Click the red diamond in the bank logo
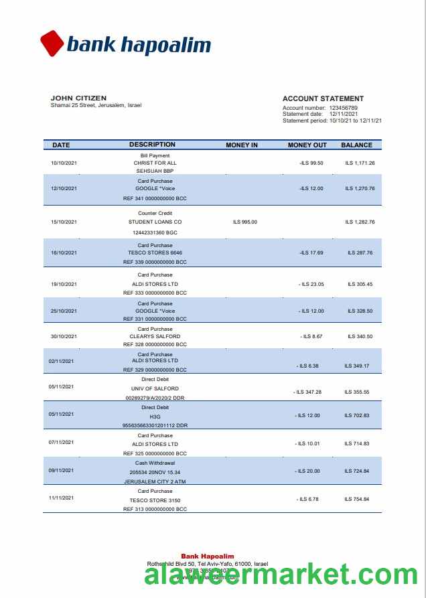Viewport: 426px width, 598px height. pyautogui.click(x=52, y=44)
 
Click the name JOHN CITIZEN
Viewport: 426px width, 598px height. pyautogui.click(x=78, y=98)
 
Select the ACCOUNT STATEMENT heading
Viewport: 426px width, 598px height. pyautogui.click(x=323, y=98)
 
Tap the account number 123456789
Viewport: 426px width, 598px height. pyautogui.click(x=343, y=108)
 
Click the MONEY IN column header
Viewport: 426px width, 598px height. pyautogui.click(x=242, y=145)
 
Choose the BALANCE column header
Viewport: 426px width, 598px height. pyautogui.click(x=356, y=145)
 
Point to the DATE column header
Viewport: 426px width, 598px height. pyautogui.click(x=61, y=145)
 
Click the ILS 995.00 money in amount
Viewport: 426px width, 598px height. pyautogui.click(x=244, y=222)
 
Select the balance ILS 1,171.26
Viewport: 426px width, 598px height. pyautogui.click(x=360, y=163)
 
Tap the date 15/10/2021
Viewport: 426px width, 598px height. pyautogui.click(x=64, y=222)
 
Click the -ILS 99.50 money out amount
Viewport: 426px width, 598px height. pyautogui.click(x=311, y=163)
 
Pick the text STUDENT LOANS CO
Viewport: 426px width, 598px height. pyautogui.click(x=155, y=222)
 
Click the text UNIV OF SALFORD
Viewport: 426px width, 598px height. pyautogui.click(x=155, y=388)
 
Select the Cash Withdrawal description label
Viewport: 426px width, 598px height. pyautogui.click(x=155, y=463)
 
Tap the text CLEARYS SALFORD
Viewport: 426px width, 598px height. pyautogui.click(x=155, y=336)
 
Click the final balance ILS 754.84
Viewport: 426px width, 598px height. pyautogui.click(x=357, y=499)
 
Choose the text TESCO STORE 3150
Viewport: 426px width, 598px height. pyautogui.click(x=155, y=500)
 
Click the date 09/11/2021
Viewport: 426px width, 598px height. pyautogui.click(x=61, y=470)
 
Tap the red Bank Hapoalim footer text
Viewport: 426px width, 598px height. pyautogui.click(x=208, y=556)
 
